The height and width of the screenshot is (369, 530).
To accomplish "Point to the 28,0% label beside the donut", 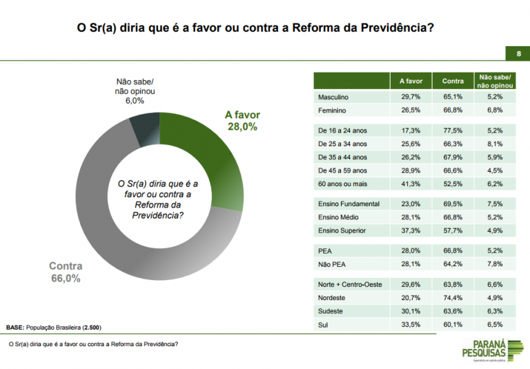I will (x=242, y=127).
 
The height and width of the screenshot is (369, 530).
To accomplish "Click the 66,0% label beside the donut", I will (x=66, y=279).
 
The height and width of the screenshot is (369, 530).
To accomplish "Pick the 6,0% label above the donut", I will (x=135, y=101).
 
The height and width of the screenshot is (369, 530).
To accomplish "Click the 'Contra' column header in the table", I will (x=453, y=81).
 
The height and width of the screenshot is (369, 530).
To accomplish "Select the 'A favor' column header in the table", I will (x=411, y=81).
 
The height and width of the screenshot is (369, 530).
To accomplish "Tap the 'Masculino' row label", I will (x=333, y=97).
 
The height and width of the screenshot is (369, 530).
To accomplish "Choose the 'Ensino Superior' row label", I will (x=342, y=230).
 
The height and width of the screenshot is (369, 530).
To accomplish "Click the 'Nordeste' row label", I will (x=332, y=298).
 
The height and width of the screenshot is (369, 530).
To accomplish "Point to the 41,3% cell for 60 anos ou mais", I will (x=411, y=184).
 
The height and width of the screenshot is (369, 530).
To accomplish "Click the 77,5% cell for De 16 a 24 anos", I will (x=453, y=130).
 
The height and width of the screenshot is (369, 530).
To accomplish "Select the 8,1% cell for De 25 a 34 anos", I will (x=494, y=144).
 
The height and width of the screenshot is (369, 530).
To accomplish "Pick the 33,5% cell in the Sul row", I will (x=411, y=324).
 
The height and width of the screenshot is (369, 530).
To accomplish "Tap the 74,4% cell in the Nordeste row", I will (x=453, y=298).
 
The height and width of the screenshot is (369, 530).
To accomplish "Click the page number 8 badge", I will (x=517, y=54).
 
